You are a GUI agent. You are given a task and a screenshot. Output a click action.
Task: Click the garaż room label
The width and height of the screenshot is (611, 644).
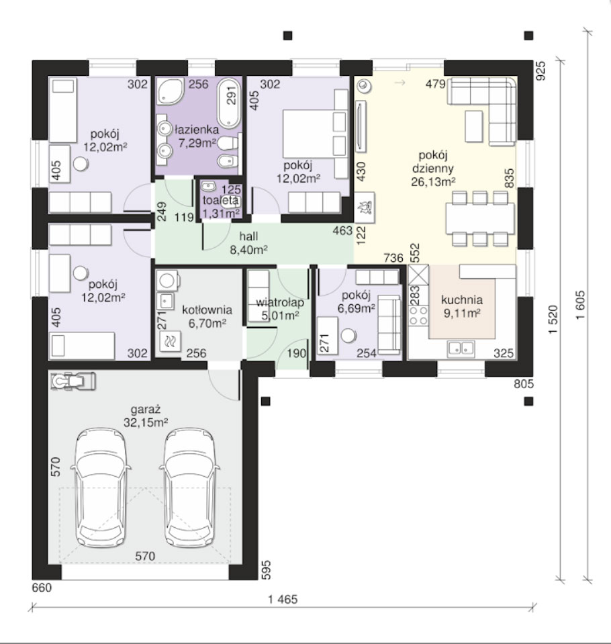tap(145, 410)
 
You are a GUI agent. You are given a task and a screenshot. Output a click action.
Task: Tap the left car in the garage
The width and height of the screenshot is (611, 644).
tap(101, 488)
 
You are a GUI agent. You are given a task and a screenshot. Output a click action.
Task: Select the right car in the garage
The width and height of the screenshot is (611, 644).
tap(189, 488)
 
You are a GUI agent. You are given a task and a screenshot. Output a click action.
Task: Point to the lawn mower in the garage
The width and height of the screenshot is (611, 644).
tap(73, 381)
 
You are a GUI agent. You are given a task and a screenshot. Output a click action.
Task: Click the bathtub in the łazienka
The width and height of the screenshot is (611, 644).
tap(229, 103)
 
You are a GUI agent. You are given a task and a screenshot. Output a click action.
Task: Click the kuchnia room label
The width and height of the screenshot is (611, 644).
tap(462, 300)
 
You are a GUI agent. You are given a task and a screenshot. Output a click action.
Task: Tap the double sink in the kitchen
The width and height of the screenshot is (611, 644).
tap(461, 349)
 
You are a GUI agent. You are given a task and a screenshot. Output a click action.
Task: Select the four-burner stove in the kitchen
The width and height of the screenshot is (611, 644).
tap(419, 315)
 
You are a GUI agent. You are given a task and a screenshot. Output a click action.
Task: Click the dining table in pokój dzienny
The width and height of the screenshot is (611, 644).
tap(479, 218)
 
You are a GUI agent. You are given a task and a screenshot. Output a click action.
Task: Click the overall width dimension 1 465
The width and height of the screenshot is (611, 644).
tap(283, 599)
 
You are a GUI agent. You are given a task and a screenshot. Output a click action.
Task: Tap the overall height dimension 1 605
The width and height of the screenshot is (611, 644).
tap(580, 306)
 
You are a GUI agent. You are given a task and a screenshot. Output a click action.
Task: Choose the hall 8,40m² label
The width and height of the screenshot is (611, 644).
tap(249, 242)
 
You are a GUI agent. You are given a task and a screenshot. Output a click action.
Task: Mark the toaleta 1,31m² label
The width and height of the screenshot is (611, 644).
tap(221, 207)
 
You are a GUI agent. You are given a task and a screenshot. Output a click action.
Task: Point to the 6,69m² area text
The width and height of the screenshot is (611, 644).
tap(356, 308)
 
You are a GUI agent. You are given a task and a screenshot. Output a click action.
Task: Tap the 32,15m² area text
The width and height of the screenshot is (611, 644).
tap(146, 422)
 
